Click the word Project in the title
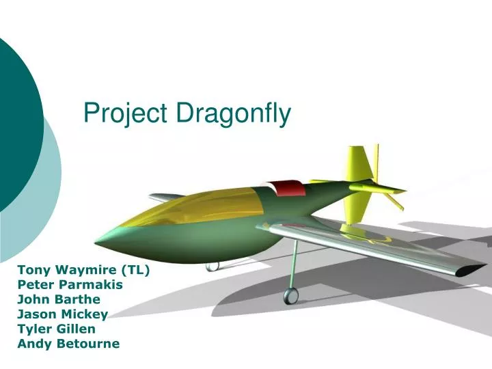tap(124, 113)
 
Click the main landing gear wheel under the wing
tap(291, 295)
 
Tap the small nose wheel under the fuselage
tap(213, 265)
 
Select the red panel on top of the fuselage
tap(284, 187)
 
